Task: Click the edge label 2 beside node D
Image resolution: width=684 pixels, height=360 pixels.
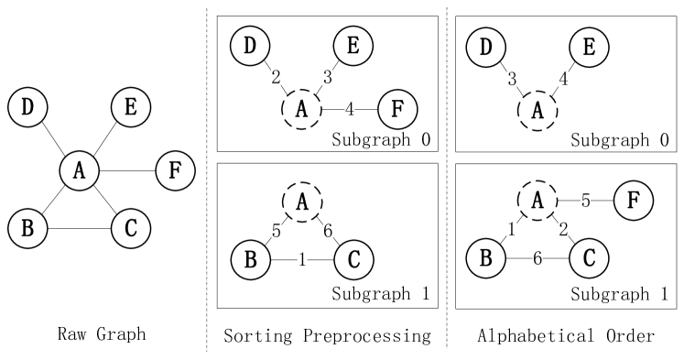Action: [x=276, y=78]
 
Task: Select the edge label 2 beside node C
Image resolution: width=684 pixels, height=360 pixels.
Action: [x=563, y=230]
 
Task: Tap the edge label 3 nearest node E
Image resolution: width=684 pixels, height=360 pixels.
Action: [x=328, y=78]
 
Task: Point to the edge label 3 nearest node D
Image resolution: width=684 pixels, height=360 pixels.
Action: [x=512, y=80]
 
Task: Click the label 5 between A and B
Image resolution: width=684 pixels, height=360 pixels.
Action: [x=276, y=232]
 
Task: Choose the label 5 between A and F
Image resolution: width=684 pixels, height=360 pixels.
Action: [x=586, y=201]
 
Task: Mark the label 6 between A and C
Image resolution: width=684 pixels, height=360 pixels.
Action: [x=328, y=232]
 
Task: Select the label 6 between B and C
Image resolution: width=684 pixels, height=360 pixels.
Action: [x=537, y=260]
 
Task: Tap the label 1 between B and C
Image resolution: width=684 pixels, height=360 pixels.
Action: [x=301, y=261]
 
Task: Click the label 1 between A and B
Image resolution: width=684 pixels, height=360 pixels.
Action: [x=512, y=230]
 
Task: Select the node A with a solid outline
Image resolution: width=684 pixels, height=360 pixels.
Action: [x=79, y=169]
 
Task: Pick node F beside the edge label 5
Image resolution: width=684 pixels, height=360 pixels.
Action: [x=633, y=201]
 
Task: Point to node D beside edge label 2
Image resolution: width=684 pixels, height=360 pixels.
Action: [x=249, y=46]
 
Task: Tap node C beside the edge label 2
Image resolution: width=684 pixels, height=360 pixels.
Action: [x=589, y=259]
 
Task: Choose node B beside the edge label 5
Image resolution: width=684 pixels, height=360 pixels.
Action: [x=249, y=261]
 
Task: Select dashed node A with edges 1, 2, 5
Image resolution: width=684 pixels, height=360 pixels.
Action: [x=538, y=201]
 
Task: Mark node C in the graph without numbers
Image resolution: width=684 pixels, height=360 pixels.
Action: [x=131, y=229]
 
